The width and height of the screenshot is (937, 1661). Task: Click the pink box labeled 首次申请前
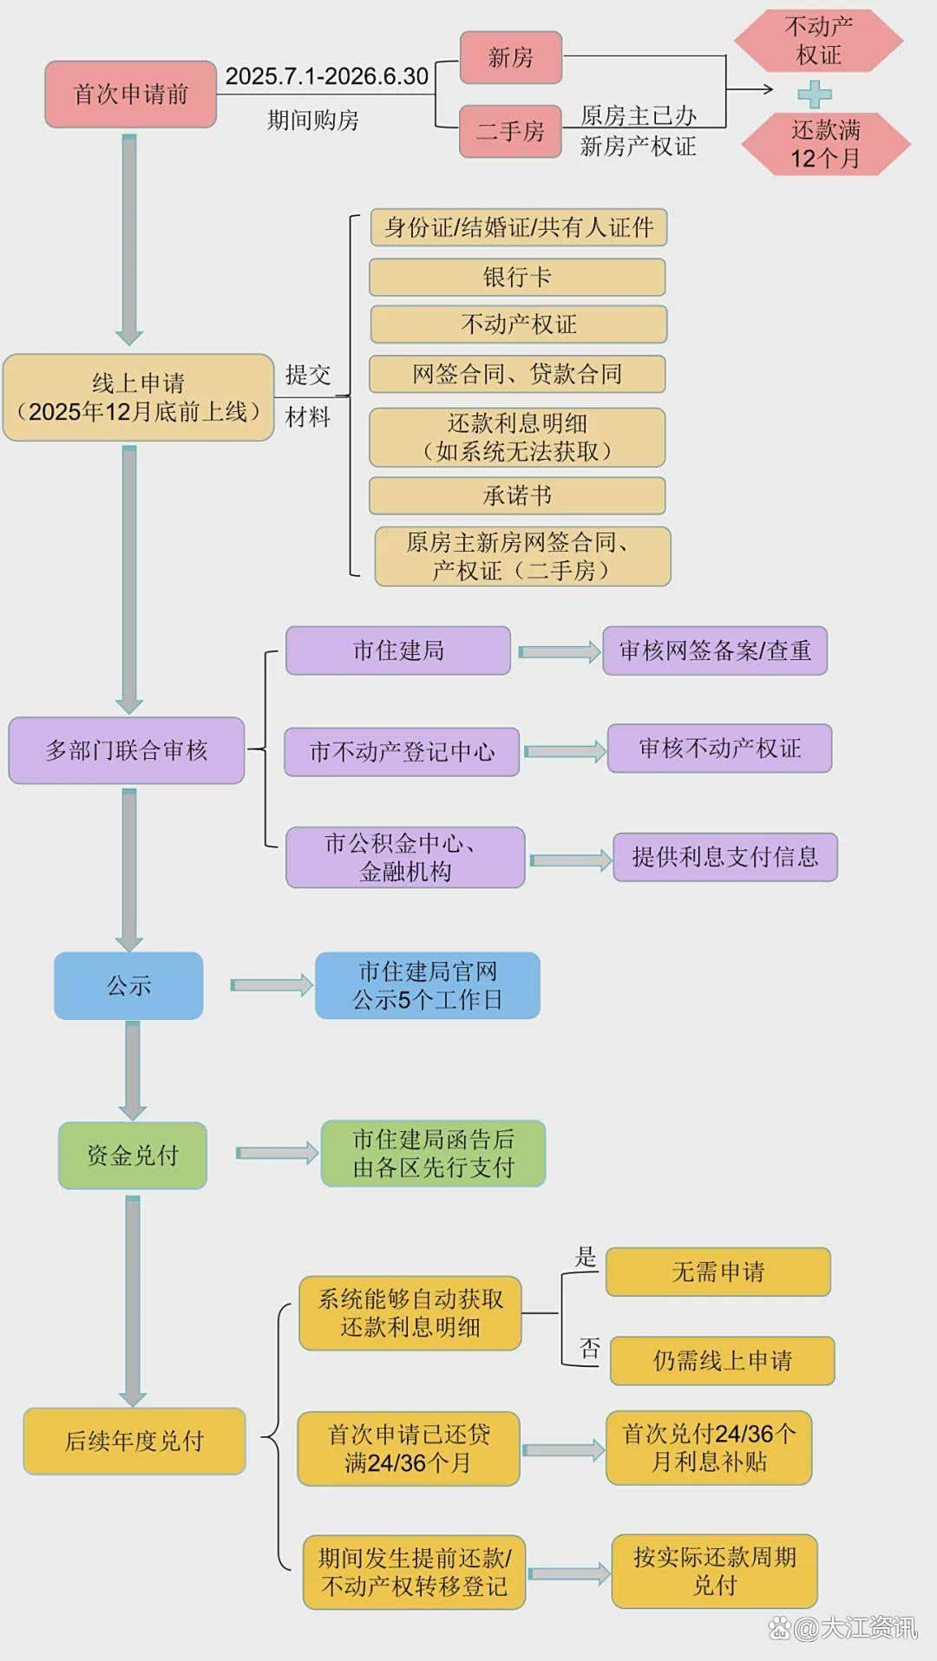pyautogui.click(x=130, y=95)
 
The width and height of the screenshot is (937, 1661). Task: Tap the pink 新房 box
pyautogui.click(x=511, y=58)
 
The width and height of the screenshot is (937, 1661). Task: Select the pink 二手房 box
pyautogui.click(x=510, y=131)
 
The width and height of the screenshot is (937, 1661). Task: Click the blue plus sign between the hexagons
pyautogui.click(x=814, y=94)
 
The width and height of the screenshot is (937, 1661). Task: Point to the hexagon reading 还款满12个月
pyautogui.click(x=825, y=144)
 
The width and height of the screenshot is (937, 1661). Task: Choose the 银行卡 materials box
pyautogui.click(x=517, y=278)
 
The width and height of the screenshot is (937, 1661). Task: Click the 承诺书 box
pyautogui.click(x=517, y=496)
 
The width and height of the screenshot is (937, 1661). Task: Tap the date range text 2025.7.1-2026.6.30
pyautogui.click(x=327, y=76)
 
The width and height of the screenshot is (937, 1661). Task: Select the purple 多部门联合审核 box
pyautogui.click(x=127, y=750)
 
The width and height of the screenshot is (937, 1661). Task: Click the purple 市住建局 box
pyautogui.click(x=398, y=651)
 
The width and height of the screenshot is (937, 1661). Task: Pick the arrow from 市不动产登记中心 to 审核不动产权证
pyautogui.click(x=565, y=751)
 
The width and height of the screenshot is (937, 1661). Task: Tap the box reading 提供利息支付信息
pyautogui.click(x=725, y=857)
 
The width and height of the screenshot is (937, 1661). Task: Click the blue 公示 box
pyautogui.click(x=128, y=985)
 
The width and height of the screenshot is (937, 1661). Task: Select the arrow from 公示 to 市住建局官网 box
pyautogui.click(x=272, y=985)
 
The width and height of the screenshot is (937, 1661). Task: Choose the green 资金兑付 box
pyautogui.click(x=133, y=1155)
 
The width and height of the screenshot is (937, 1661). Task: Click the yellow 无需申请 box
pyautogui.click(x=718, y=1272)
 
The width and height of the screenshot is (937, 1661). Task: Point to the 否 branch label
pyautogui.click(x=590, y=1348)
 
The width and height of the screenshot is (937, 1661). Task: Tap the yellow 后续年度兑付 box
pyautogui.click(x=134, y=1441)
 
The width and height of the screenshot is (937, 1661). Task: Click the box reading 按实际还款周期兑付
pyautogui.click(x=715, y=1571)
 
